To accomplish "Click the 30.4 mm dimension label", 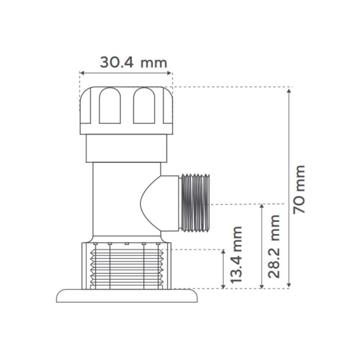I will pos(134,63).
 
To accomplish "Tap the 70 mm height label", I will pos(299,189).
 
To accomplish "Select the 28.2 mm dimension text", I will pos(274,246).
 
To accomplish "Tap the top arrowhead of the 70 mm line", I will pos(288,90).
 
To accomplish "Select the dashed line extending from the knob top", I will pos(230,87).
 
